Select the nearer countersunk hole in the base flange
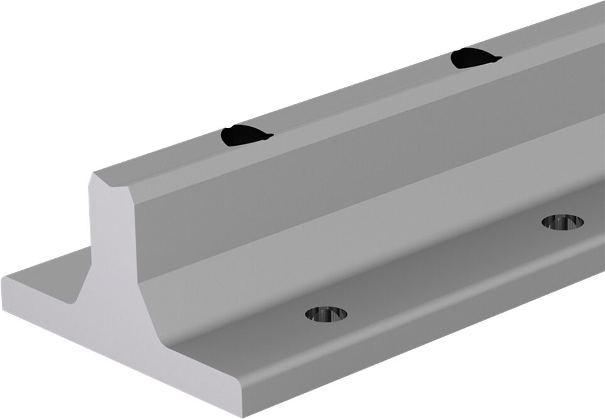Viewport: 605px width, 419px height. (x=326, y=313)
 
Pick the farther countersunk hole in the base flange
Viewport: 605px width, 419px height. (x=562, y=221)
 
